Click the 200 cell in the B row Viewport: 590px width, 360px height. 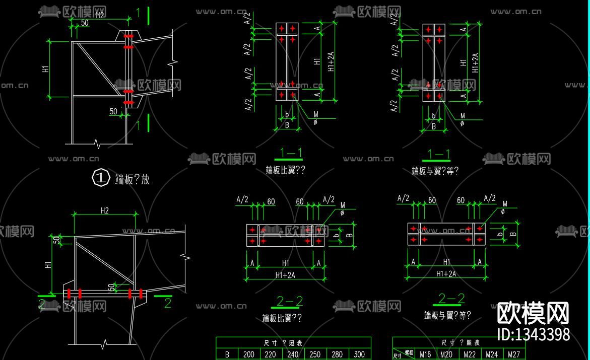[249, 354]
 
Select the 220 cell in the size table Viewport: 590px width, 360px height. [271, 354]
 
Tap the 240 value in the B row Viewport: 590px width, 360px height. [293, 354]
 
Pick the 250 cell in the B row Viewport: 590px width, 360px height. [315, 354]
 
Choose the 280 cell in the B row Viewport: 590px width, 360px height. [337, 354]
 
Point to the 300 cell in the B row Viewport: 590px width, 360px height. [359, 354]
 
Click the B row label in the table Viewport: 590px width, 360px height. [227, 354]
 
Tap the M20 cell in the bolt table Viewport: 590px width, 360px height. [446, 354]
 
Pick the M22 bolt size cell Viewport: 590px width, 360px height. [470, 354]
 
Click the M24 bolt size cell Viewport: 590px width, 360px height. [492, 354]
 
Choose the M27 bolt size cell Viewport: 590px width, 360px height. [514, 354]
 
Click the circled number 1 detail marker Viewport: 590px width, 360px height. [101, 178]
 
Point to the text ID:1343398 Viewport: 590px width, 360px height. [533, 334]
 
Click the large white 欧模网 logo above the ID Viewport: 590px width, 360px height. [533, 313]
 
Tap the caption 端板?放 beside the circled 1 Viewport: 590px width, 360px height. [133, 179]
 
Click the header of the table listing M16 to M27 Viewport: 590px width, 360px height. [461, 342]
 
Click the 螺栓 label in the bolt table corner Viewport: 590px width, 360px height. [410, 352]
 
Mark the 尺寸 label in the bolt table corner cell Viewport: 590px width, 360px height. [398, 356]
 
